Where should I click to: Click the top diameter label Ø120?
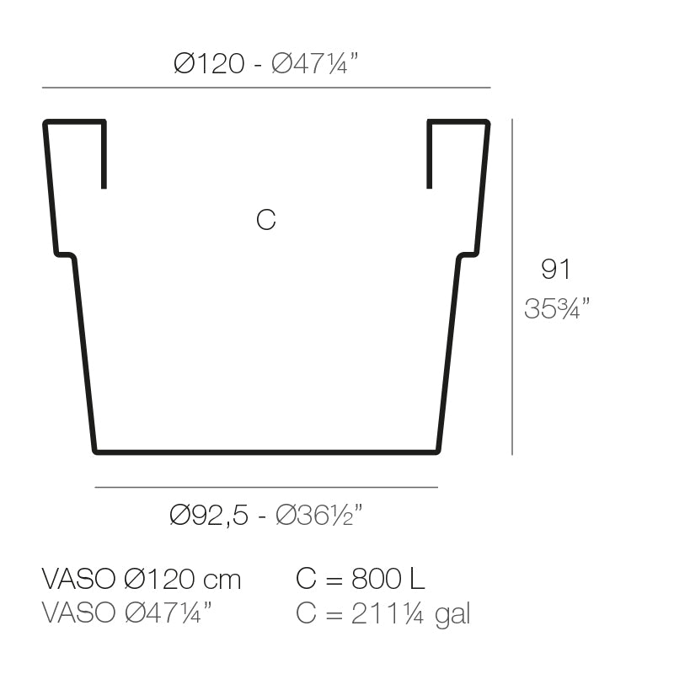tap(209, 64)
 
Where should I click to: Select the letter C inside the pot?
tap(265, 220)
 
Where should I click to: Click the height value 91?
tap(555, 270)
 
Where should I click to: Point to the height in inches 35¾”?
tap(556, 309)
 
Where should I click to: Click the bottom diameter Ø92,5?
tap(210, 515)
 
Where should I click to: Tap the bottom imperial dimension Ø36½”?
tap(319, 515)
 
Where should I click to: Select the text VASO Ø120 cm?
tap(142, 580)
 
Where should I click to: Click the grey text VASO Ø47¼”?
tap(127, 613)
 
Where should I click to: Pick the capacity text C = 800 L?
tap(361, 580)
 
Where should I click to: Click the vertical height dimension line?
tap(512, 286)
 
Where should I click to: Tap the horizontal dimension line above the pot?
tap(265, 88)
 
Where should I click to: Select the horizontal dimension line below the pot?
tap(265, 487)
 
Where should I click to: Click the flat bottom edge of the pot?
tap(265, 452)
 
